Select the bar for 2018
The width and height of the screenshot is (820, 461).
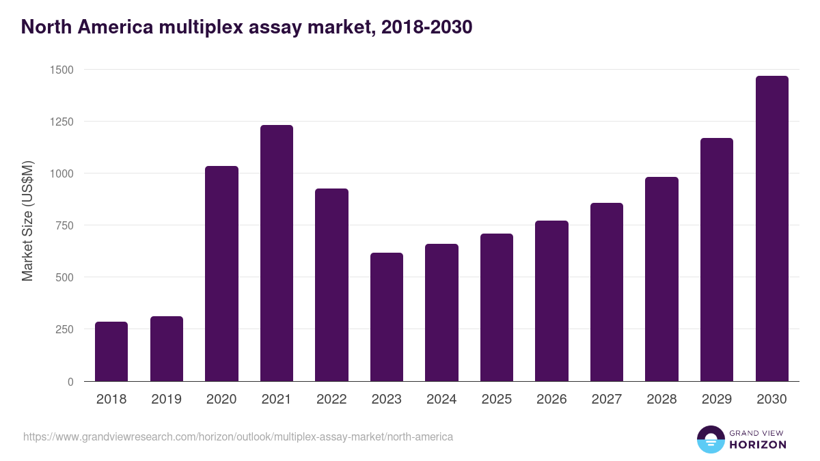pyautogui.click(x=111, y=352)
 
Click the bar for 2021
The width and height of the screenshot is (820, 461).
pyautogui.click(x=277, y=253)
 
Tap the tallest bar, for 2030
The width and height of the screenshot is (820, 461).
pyautogui.click(x=772, y=229)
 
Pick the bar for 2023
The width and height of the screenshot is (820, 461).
pyautogui.click(x=387, y=317)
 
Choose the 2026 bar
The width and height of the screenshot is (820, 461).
pyautogui.click(x=551, y=301)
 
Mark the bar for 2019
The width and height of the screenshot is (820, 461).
pyautogui.click(x=167, y=349)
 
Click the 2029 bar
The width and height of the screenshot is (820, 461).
pyautogui.click(x=717, y=260)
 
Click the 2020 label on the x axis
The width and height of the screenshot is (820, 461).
pyautogui.click(x=221, y=400)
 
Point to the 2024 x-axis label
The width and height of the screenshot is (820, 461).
pyautogui.click(x=441, y=400)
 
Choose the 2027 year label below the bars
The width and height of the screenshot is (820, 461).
pyautogui.click(x=607, y=400)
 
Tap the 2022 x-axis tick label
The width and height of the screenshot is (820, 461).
pyautogui.click(x=331, y=400)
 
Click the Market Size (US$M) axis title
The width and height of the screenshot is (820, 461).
pyautogui.click(x=27, y=221)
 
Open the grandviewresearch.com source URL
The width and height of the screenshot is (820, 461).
pyautogui.click(x=238, y=436)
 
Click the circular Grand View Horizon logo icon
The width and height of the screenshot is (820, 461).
pyautogui.click(x=711, y=440)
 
